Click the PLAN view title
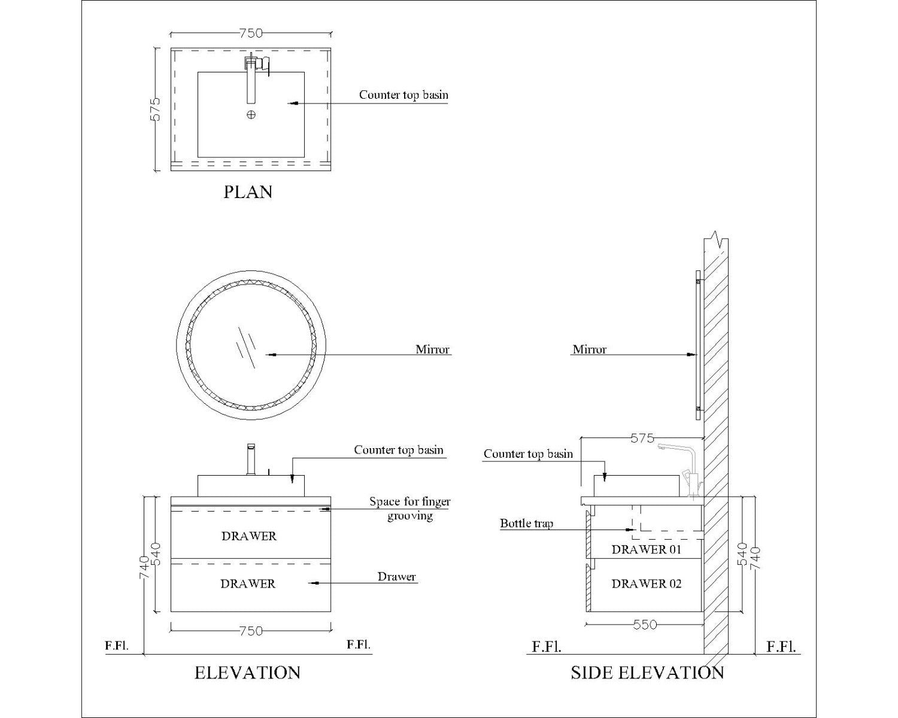point(248,192)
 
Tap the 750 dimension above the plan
point(251,33)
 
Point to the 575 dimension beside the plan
point(155,109)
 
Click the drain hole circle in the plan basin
point(251,115)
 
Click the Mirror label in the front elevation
point(432,349)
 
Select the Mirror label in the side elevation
point(589,349)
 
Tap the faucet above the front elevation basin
point(251,459)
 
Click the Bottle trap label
point(527,523)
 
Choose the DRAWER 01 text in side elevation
point(647,549)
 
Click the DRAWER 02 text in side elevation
point(647,583)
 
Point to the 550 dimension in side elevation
point(645,625)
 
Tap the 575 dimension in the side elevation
point(642,438)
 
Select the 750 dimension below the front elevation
point(251,631)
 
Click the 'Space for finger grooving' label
point(409,509)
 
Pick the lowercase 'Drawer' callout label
point(396,577)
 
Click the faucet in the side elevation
point(681,470)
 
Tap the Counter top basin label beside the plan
point(404,95)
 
